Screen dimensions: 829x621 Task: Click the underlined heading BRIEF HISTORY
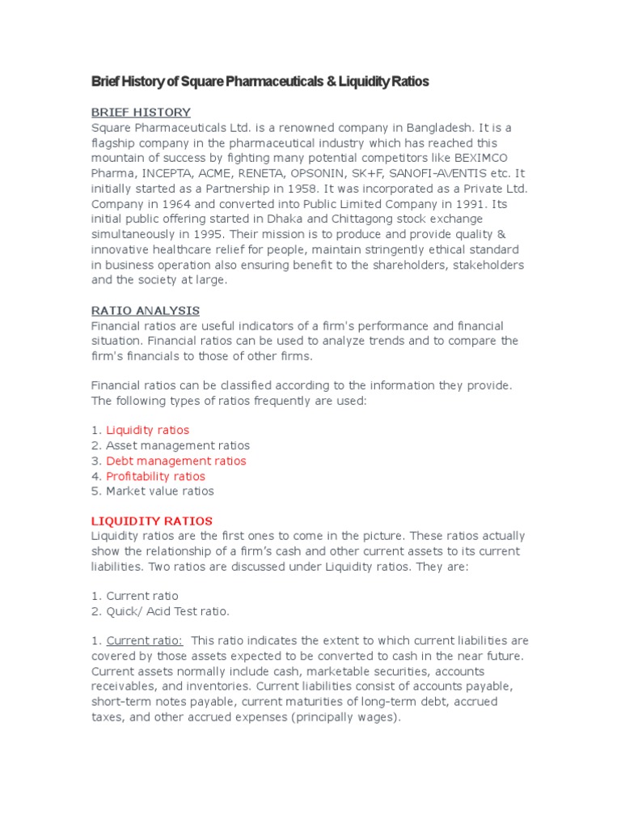pyautogui.click(x=141, y=113)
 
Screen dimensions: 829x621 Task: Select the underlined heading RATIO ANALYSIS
pyautogui.click(x=145, y=311)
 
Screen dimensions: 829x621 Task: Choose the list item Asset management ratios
pyautogui.click(x=178, y=445)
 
